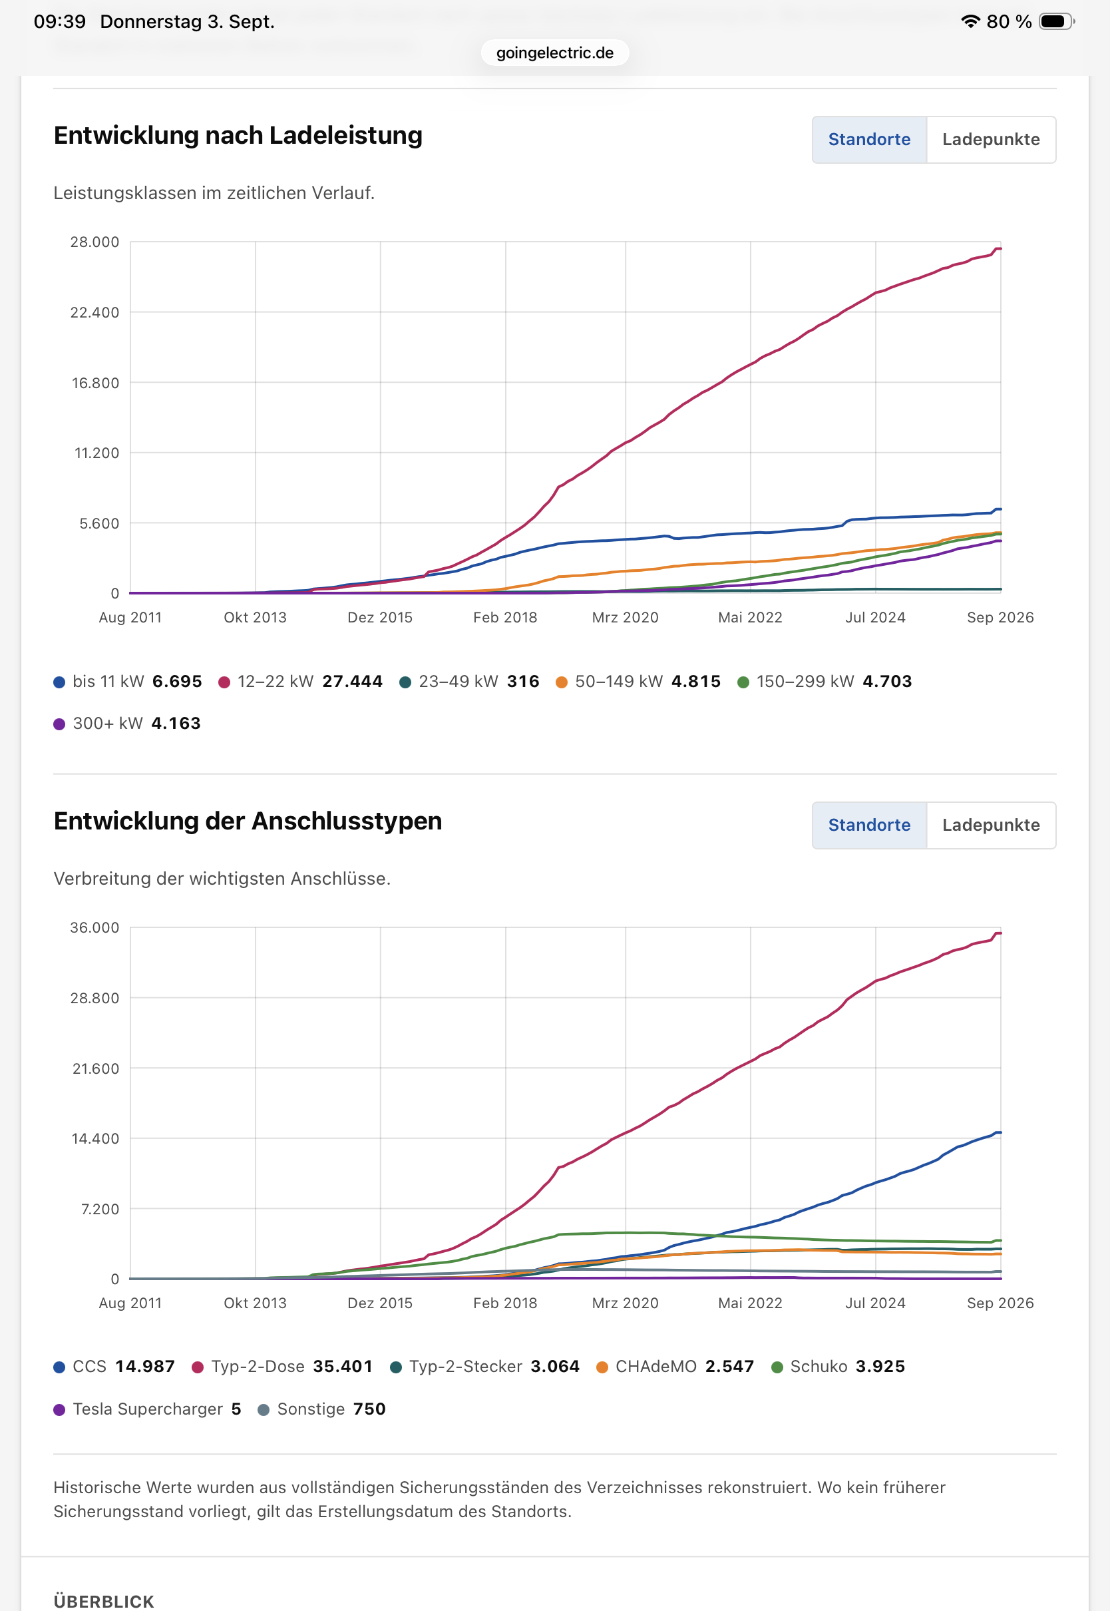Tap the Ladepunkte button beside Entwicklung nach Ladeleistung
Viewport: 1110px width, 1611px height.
point(990,140)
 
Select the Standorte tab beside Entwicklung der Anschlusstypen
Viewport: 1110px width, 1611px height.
point(869,825)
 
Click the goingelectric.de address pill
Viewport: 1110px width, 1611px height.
point(554,53)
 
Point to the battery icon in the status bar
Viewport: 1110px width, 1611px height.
point(1057,21)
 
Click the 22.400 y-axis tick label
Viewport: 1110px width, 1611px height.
point(94,312)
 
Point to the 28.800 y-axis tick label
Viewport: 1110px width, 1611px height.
point(94,998)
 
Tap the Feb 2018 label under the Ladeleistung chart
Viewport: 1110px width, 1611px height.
point(505,618)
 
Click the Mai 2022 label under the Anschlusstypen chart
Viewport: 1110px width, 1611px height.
point(750,1303)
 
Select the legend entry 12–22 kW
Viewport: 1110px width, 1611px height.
point(300,682)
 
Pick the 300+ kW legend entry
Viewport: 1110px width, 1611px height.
point(127,724)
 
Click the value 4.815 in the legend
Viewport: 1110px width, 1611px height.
point(696,682)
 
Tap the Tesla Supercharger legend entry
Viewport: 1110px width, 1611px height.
point(148,1409)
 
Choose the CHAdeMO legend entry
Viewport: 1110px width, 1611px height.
point(675,1366)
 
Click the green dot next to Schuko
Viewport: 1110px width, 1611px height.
point(777,1367)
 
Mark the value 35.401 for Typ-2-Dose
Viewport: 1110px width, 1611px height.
point(343,1366)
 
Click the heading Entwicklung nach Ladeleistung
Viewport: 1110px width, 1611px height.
point(238,136)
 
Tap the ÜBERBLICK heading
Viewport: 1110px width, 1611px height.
point(104,1601)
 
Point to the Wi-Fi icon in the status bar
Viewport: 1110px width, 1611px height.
point(970,21)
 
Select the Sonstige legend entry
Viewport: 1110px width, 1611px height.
point(321,1409)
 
